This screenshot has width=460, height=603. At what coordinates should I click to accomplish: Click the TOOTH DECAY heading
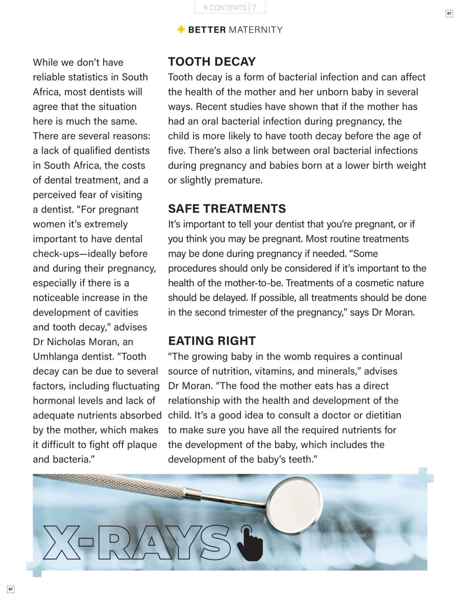[x=212, y=62]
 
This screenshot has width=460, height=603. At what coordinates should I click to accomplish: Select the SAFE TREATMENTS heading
[x=227, y=209]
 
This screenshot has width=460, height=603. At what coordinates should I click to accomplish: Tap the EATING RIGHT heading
[x=212, y=341]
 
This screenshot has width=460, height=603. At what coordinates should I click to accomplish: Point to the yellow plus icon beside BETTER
[x=181, y=29]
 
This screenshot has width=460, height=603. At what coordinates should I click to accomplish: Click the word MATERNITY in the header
[x=256, y=30]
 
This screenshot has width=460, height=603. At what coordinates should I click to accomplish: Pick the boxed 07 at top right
[x=449, y=14]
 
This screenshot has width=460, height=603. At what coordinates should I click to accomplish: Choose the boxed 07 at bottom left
[x=11, y=589]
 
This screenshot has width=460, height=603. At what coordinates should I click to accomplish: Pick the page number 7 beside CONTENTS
[x=254, y=7]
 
